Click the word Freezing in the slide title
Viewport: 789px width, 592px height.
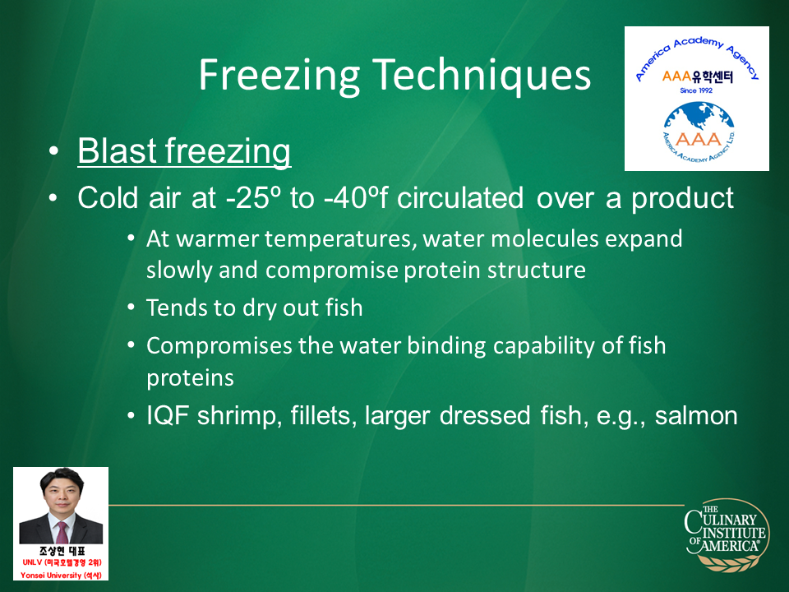(x=279, y=76)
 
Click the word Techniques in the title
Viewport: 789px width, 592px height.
(x=482, y=75)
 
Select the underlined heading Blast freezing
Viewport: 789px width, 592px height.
(x=184, y=151)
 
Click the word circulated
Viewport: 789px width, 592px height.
(x=460, y=197)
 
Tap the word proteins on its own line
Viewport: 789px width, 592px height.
(x=190, y=378)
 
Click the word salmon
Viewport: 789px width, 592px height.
(x=696, y=416)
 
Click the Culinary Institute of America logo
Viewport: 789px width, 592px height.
(x=727, y=535)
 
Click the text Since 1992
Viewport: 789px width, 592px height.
(x=696, y=90)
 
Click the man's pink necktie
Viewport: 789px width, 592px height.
(x=62, y=532)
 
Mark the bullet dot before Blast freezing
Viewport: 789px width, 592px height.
(x=53, y=151)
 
